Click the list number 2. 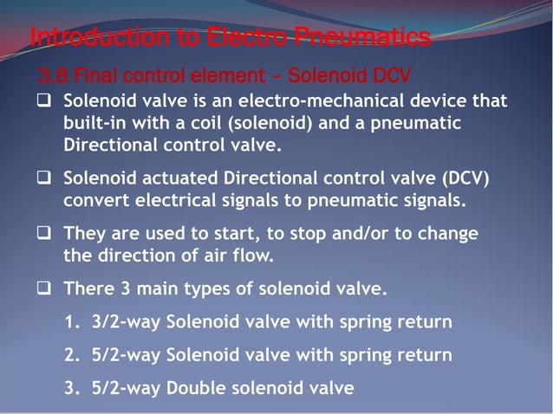(72, 355)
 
